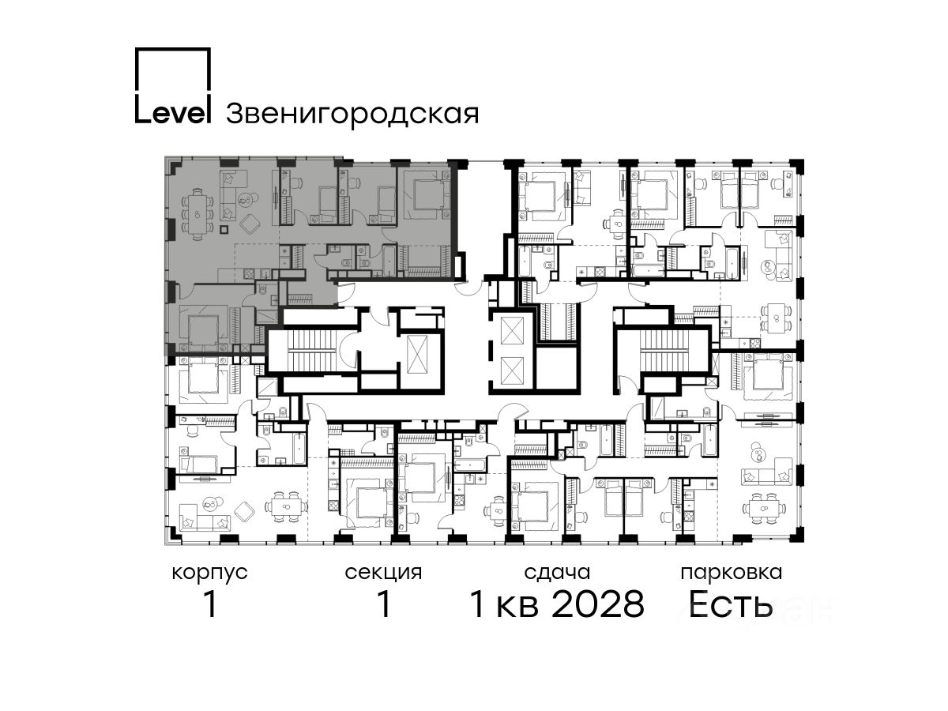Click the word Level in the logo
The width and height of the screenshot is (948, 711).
click(172, 113)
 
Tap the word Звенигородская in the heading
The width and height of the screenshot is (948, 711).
click(352, 115)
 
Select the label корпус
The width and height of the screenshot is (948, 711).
click(209, 574)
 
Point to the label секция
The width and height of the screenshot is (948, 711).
click(383, 574)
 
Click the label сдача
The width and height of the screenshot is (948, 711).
click(557, 573)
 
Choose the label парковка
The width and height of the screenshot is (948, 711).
click(732, 574)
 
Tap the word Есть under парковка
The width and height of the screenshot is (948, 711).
click(730, 605)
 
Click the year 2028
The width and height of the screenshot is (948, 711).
click(598, 604)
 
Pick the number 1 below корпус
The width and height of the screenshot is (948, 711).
click(210, 604)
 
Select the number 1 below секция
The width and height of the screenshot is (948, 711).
click(383, 604)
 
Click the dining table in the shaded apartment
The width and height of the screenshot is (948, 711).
click(197, 213)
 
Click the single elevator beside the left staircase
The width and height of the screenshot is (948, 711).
click(417, 355)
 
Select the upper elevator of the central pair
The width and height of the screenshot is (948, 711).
click(510, 330)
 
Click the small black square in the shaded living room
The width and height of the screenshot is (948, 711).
click(224, 229)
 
